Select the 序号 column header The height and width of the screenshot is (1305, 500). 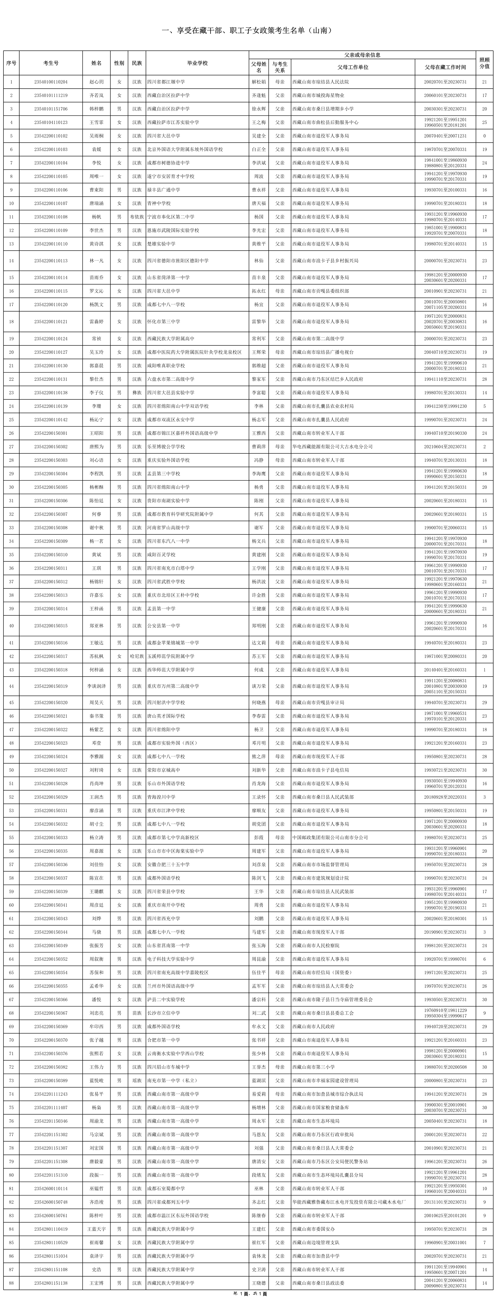11,63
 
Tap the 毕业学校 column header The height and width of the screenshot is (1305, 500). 197,63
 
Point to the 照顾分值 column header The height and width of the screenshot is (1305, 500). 484,63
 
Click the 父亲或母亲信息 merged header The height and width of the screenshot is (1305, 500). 362,55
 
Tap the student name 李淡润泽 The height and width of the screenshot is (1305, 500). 96,686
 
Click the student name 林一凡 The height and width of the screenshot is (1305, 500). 96,261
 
